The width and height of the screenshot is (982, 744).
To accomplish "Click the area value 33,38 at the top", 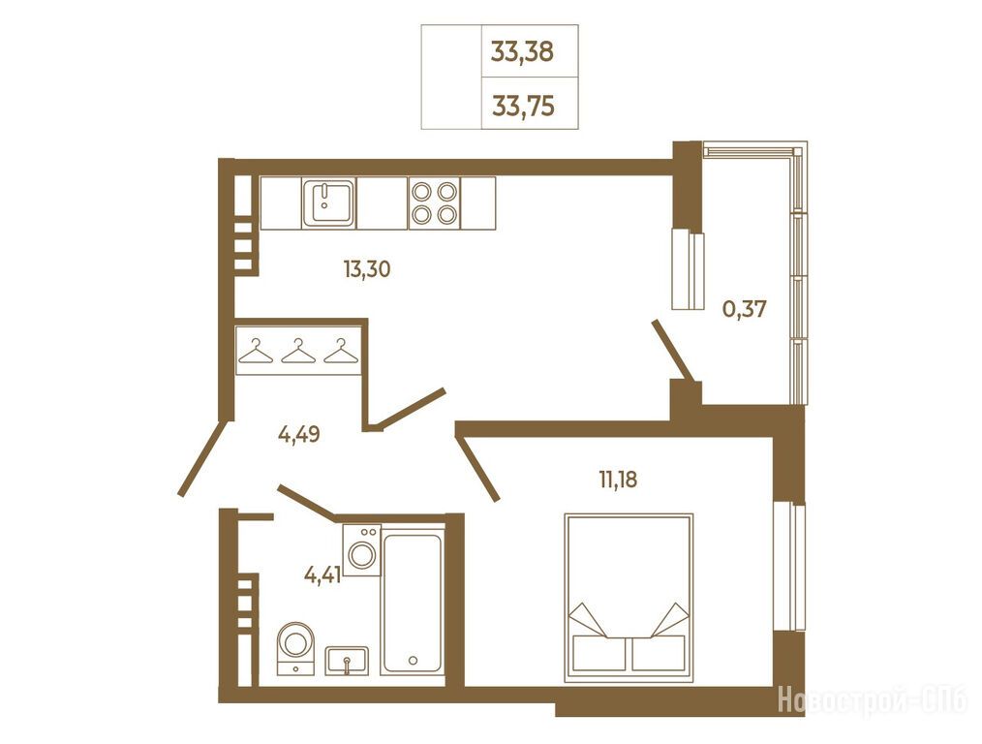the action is tap(522, 52).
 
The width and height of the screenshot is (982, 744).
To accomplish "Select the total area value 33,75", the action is tap(523, 106).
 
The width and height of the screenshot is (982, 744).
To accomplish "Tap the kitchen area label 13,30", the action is tap(366, 269).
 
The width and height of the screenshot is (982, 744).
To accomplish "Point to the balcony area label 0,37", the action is tap(745, 308).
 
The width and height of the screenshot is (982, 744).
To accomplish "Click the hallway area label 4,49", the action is tap(298, 433).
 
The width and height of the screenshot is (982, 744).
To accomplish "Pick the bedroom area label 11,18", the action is tap(618, 480).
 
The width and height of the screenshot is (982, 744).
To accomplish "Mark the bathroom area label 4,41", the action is tap(322, 573).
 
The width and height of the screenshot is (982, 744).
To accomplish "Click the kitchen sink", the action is tap(329, 202).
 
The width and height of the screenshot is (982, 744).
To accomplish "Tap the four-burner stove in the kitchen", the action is tap(434, 202).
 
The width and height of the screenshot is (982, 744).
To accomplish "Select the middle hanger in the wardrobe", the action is tap(299, 352).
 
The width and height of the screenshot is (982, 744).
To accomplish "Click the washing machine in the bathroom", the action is tap(362, 550).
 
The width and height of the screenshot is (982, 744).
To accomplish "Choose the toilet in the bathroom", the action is tap(295, 648).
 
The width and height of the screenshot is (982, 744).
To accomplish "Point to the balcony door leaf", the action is tap(673, 351).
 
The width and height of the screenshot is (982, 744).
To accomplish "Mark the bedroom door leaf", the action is tap(478, 467).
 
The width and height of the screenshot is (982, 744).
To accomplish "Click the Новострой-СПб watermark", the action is tap(873, 700).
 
